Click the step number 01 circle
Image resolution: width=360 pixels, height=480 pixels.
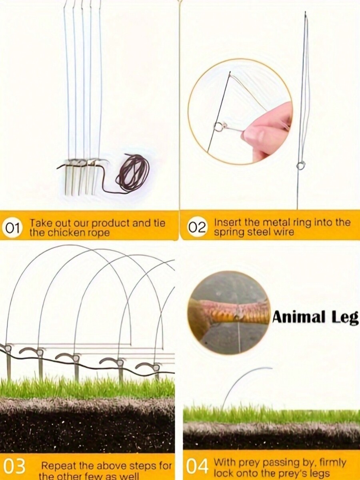click(13, 229)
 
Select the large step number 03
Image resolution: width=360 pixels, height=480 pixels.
click(14, 467)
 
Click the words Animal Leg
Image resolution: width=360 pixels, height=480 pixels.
click(316, 317)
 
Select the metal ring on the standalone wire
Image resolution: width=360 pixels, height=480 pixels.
click(300, 165)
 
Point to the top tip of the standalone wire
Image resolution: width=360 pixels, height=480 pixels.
click(305, 13)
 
